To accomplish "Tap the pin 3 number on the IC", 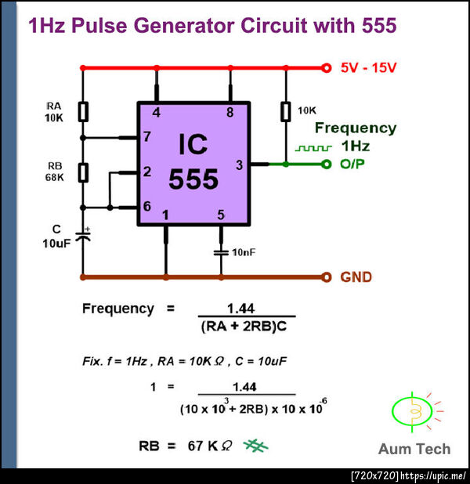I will [x=240, y=164].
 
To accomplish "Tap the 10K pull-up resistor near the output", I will [x=284, y=112].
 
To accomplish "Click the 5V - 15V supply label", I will [x=368, y=68].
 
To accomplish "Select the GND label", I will [x=356, y=277].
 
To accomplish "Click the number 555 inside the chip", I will [x=193, y=179].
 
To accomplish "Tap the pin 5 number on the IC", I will [x=221, y=215].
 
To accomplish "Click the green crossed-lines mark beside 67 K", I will [x=255, y=446].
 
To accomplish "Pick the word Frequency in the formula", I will [x=118, y=309].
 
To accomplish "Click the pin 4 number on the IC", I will [x=157, y=113].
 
